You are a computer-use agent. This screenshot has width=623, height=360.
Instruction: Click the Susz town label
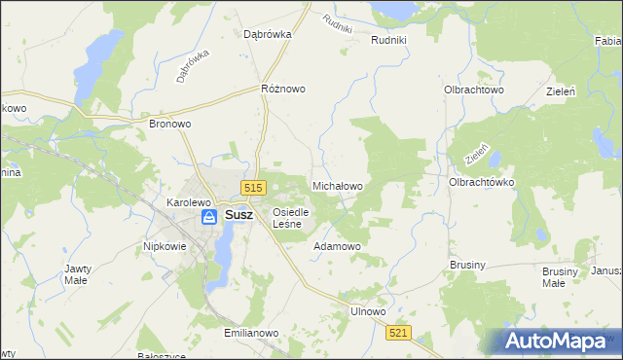point(239,217)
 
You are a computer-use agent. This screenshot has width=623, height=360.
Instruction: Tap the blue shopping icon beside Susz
point(209,218)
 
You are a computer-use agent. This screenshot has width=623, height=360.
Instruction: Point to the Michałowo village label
point(337,185)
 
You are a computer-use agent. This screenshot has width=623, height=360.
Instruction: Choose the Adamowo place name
point(337,247)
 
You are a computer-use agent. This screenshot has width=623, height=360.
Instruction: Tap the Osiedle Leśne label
point(290,218)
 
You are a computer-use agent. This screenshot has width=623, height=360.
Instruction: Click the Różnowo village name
point(283,89)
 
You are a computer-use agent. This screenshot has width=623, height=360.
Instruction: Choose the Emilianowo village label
point(251,333)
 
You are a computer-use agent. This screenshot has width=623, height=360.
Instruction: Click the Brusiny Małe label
point(554,277)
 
